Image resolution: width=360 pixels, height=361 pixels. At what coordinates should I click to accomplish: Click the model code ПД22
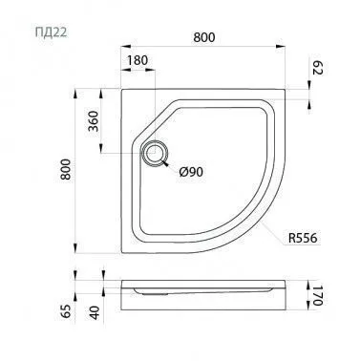pyautogui.click(x=51, y=32)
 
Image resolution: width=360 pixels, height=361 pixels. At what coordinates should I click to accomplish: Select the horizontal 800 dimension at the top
pyautogui.click(x=204, y=37)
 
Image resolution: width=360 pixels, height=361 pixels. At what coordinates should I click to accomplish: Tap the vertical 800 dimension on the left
pyautogui.click(x=66, y=169)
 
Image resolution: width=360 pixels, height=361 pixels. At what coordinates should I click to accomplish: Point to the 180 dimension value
pyautogui.click(x=138, y=60)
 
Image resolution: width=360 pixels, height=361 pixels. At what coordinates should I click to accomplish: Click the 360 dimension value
pyautogui.click(x=94, y=121)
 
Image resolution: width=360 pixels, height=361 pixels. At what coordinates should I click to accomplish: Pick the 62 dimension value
pyautogui.click(x=317, y=68)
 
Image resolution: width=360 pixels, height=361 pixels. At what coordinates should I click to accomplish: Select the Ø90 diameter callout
pyautogui.click(x=191, y=172)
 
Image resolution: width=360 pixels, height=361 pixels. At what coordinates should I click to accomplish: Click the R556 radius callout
pyautogui.click(x=303, y=238)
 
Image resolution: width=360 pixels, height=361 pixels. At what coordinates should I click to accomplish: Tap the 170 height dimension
pyautogui.click(x=317, y=295)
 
